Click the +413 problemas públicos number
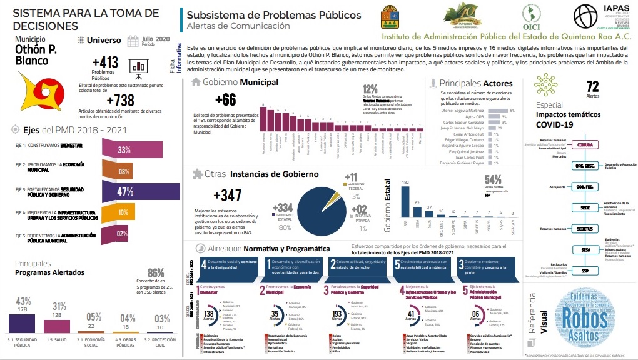coord(104,62)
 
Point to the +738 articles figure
coord(121,101)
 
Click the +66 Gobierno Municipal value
coord(225,99)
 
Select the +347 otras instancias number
coord(227,196)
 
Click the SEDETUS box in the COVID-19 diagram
coord(585,229)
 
